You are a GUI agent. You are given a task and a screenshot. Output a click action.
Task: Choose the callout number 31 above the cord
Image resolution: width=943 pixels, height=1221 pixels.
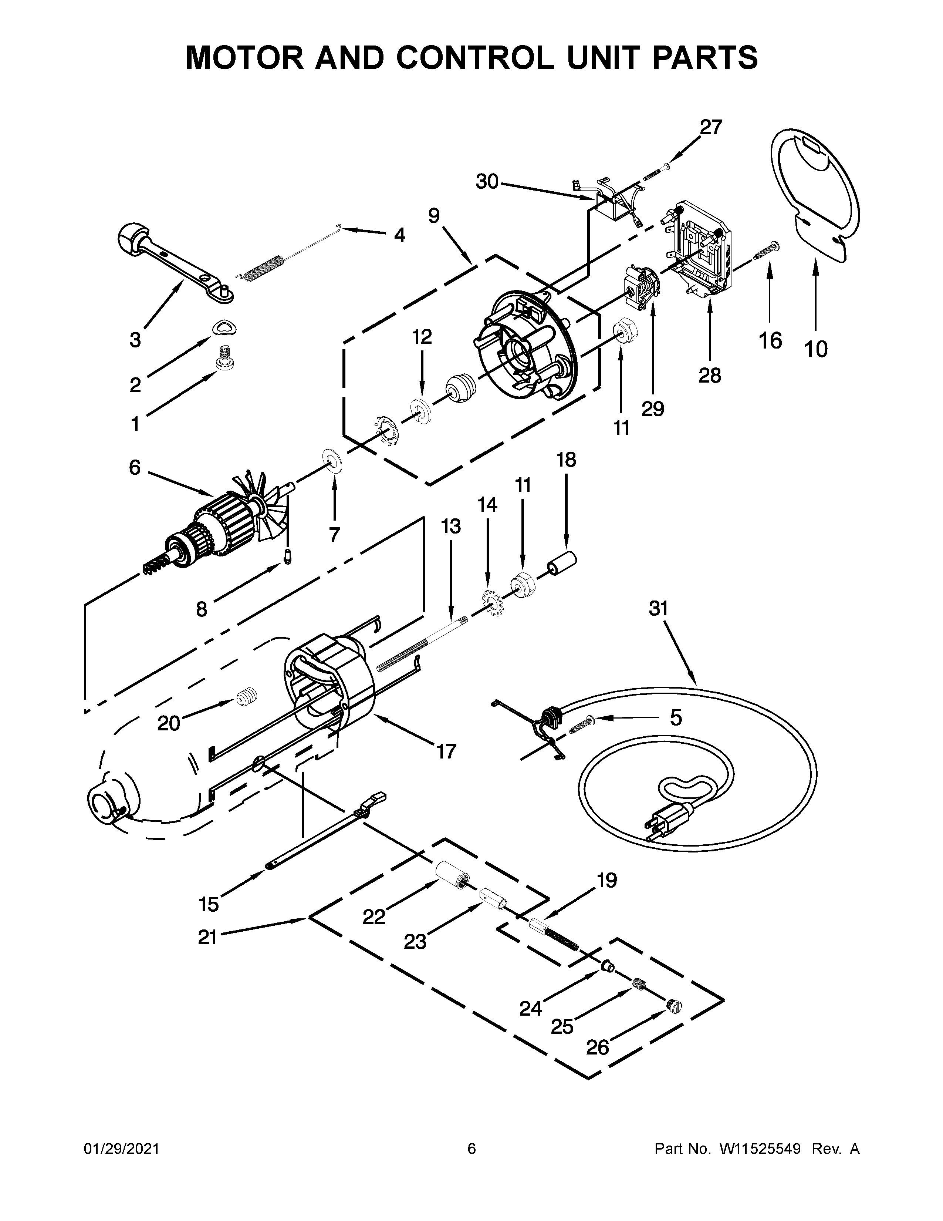[x=659, y=608]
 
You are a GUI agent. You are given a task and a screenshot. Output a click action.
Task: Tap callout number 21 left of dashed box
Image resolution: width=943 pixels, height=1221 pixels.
[x=207, y=937]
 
